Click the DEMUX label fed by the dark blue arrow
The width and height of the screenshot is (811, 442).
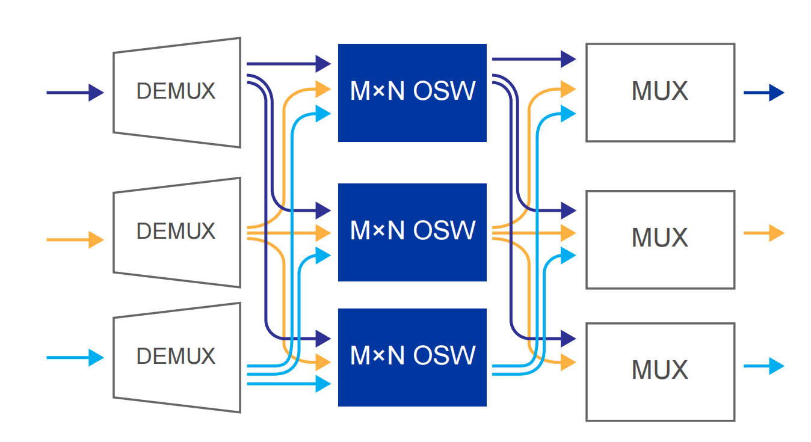[176, 91]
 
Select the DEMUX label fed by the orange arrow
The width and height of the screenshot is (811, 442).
[176, 232]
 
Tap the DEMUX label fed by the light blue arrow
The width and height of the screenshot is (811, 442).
[176, 356]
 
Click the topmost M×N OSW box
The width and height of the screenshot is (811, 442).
[412, 93]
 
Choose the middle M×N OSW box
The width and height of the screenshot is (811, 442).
[412, 232]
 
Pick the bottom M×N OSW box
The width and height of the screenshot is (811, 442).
[412, 357]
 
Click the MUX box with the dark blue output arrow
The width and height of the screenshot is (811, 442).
[660, 93]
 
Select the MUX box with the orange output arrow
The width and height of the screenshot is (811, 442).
[660, 239]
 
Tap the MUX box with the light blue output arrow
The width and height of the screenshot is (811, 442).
[660, 372]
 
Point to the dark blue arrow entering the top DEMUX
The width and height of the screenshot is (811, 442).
[75, 93]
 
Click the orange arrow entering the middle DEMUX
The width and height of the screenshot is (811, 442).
[75, 239]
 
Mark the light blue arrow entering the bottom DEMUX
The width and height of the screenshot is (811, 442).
[75, 358]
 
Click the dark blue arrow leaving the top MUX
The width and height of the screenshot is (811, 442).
[764, 93]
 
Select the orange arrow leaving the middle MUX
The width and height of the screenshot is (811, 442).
[764, 232]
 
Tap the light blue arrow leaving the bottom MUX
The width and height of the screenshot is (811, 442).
[764, 366]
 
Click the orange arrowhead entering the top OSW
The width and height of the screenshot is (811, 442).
[324, 89]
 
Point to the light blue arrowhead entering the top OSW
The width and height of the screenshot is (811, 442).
[324, 112]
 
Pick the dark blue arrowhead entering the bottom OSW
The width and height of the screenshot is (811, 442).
[324, 339]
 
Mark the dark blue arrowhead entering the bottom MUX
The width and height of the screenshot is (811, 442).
[569, 339]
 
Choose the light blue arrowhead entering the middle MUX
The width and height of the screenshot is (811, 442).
[569, 256]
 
